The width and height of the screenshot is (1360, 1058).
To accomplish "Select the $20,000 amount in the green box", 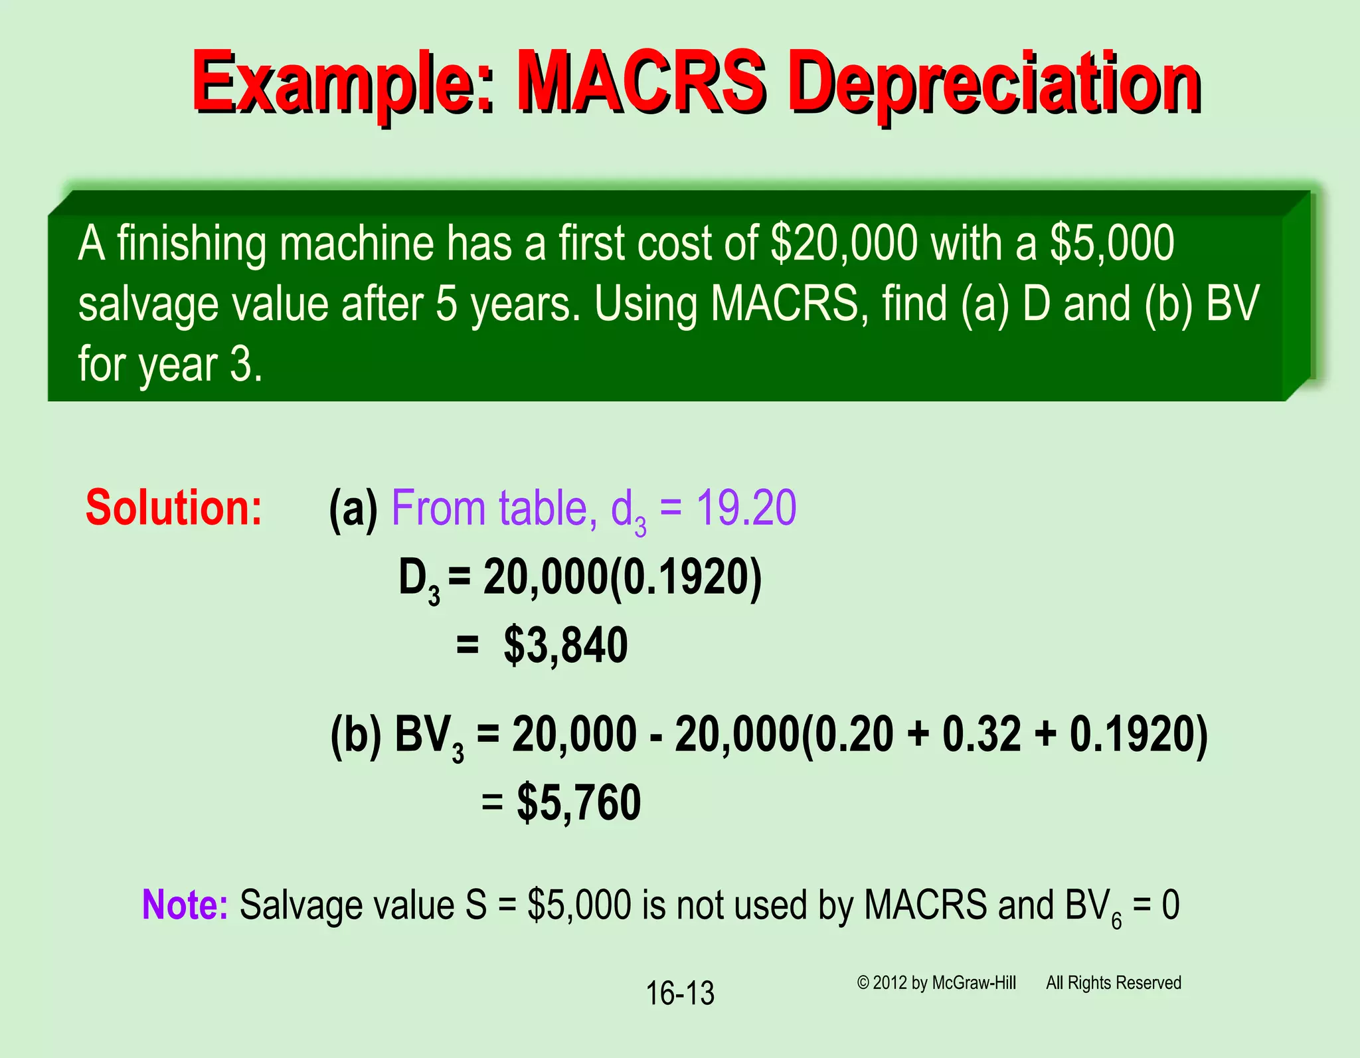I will [x=844, y=243].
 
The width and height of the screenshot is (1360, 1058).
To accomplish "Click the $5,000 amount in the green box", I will [x=1112, y=243].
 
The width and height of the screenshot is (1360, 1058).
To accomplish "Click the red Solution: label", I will [x=174, y=508].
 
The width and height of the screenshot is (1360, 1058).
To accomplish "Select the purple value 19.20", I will [x=746, y=508].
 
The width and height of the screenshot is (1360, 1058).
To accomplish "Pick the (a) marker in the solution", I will [x=353, y=509].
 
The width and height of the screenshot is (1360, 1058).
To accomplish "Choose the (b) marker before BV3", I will [x=356, y=735].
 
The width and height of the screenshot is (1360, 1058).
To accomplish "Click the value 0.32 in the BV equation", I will [x=981, y=735].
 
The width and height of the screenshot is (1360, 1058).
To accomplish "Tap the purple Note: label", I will [x=185, y=905].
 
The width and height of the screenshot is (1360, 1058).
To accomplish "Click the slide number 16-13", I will [x=680, y=994].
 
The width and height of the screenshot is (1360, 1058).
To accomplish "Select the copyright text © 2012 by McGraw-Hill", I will [x=936, y=983].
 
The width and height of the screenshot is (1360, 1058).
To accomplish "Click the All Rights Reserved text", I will [x=1114, y=983].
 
